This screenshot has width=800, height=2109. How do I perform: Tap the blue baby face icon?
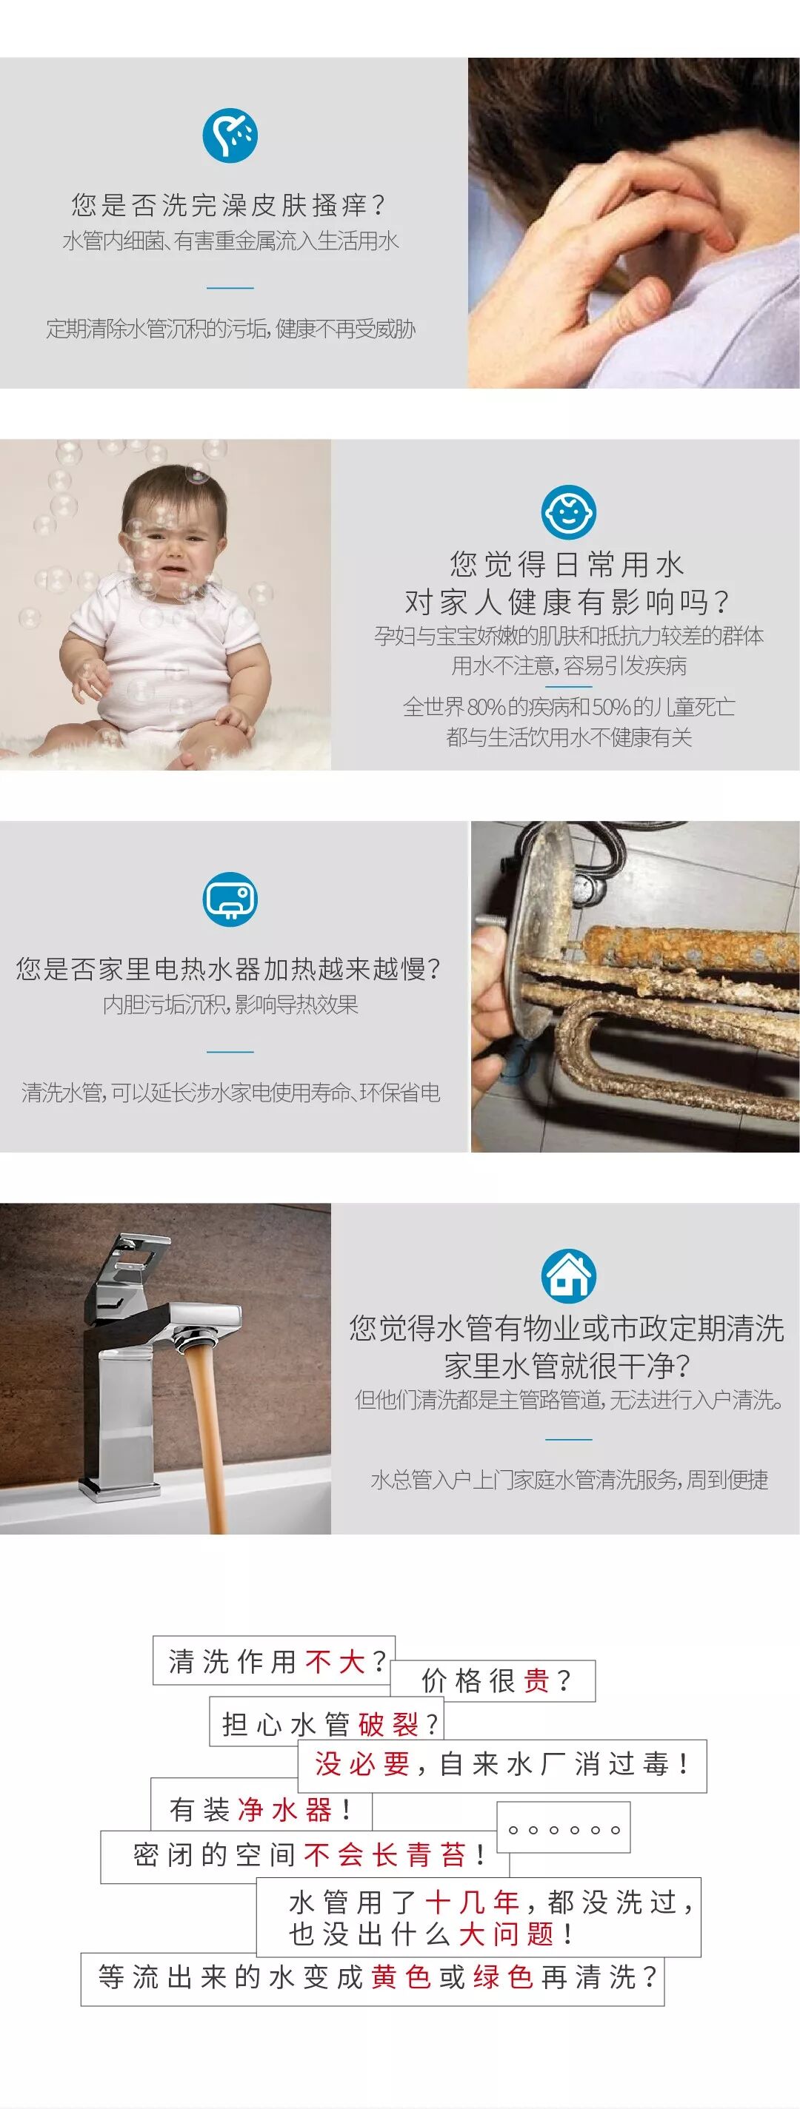point(568,512)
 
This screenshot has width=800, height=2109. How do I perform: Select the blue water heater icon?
point(230,899)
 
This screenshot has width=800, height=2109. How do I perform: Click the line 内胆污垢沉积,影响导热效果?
point(230,1005)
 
